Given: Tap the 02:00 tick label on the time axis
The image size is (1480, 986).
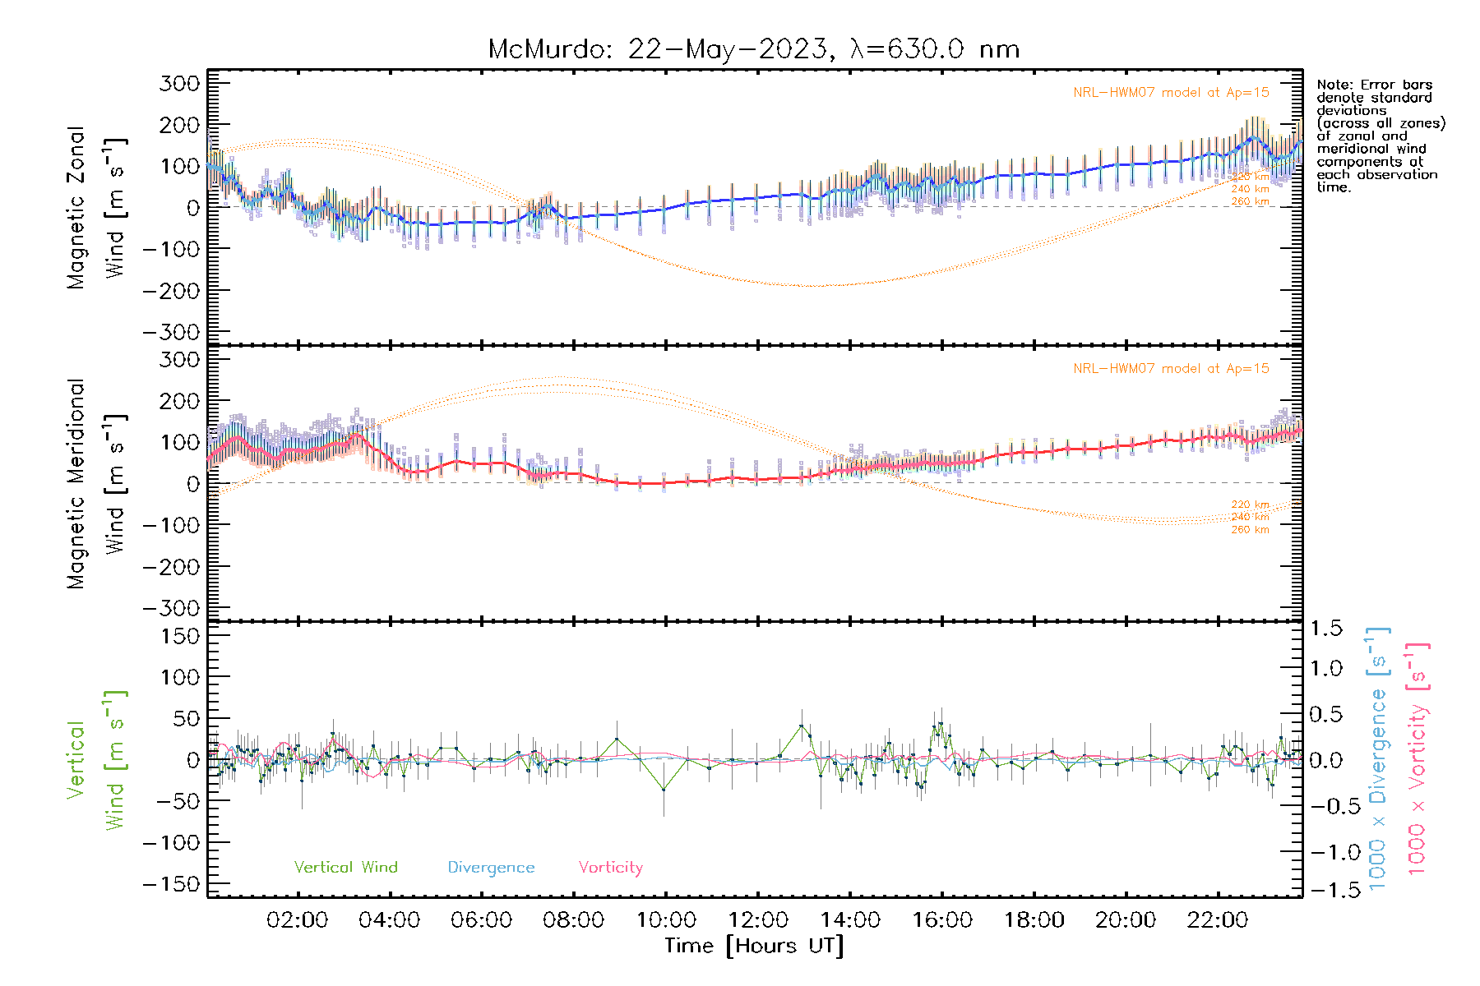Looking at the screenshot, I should [297, 920].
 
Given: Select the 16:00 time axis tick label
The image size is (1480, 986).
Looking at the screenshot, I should [941, 920].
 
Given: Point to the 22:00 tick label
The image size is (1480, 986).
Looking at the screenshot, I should [1217, 920].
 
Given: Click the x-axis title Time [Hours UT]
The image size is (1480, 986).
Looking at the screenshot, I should [754, 946].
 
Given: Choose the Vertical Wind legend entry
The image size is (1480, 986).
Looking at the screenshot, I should [345, 867].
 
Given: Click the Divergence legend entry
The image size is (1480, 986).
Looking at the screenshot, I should [491, 867].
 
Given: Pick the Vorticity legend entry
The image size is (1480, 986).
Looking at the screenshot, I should [610, 867].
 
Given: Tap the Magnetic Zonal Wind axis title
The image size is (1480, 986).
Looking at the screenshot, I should [96, 207].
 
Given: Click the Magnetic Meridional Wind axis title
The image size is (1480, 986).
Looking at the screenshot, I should [96, 483].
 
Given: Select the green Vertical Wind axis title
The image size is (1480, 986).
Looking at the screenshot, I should [96, 760].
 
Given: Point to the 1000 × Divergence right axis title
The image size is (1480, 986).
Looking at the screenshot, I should [1378, 760].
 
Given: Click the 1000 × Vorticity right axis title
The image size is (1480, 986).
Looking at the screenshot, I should [1418, 760].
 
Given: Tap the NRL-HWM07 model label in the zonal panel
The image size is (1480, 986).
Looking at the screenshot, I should [1171, 92].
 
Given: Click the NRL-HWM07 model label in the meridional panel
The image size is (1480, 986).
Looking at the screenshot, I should [1171, 368].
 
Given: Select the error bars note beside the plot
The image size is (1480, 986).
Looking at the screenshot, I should [1380, 136].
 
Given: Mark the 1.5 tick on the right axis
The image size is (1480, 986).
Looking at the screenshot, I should [1326, 629].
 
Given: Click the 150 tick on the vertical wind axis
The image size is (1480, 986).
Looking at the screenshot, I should [181, 636].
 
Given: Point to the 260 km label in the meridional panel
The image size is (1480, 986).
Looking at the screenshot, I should [1250, 530].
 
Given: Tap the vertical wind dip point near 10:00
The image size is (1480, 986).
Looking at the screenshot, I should [664, 790].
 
